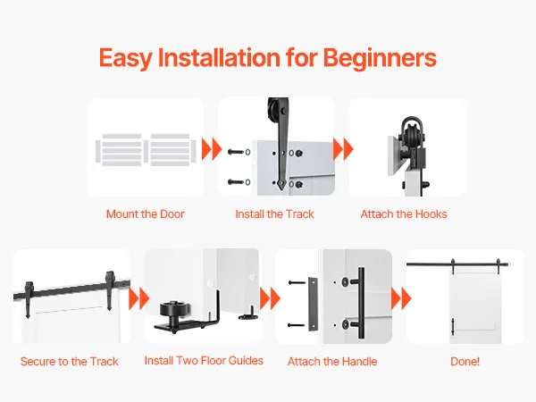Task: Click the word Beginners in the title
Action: [x=380, y=58]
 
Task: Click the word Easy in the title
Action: [x=125, y=58]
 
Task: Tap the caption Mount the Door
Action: [x=146, y=214]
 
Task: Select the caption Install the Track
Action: [x=274, y=214]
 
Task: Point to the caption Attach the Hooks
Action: [x=404, y=214]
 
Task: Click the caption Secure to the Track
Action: [x=70, y=361]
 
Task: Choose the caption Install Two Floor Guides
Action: [x=204, y=361]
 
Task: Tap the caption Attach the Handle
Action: [x=332, y=361]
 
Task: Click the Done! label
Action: [x=465, y=361]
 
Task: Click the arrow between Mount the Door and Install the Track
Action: [x=212, y=149]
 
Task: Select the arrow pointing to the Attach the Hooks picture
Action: [x=343, y=149]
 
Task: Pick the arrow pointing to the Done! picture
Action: [x=401, y=298]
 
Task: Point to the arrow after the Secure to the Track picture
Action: [x=138, y=298]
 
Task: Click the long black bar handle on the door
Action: [x=361, y=303]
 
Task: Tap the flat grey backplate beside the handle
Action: [x=313, y=304]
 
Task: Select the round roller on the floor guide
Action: [x=173, y=310]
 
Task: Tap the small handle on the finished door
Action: [x=453, y=327]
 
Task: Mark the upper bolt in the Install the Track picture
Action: [x=236, y=152]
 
